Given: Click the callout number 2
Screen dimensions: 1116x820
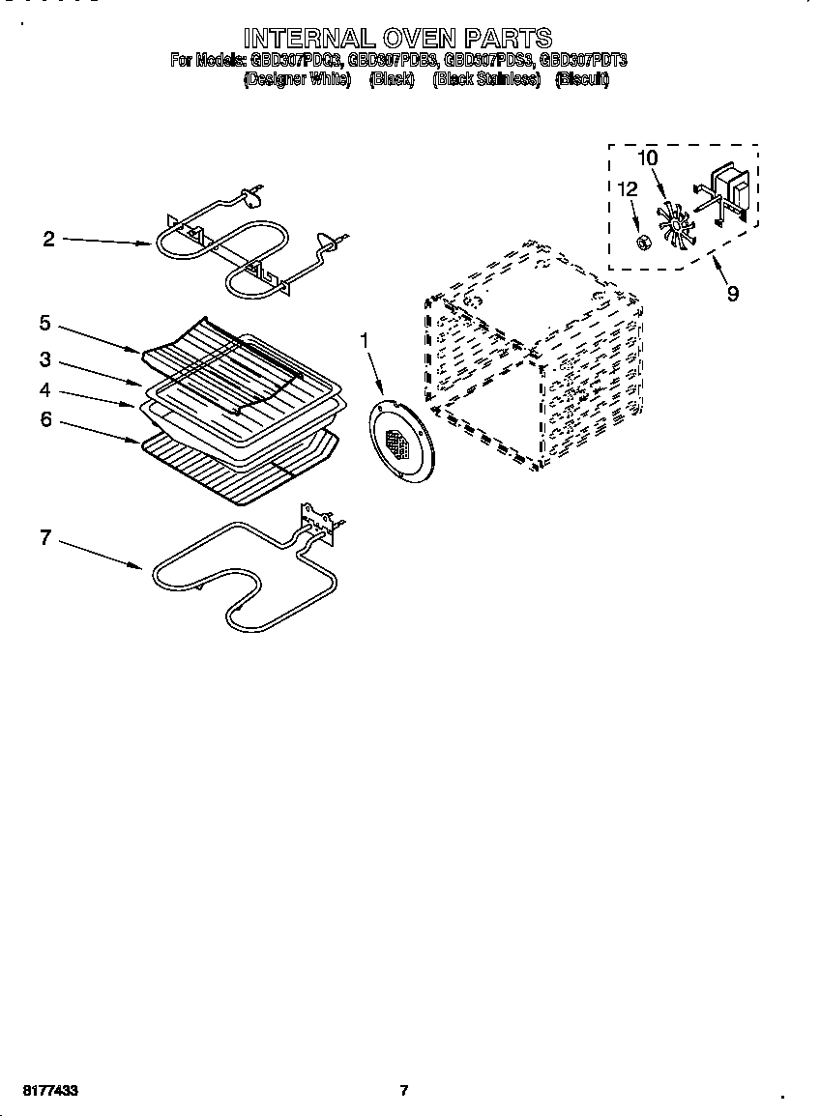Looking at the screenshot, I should pyautogui.click(x=48, y=240).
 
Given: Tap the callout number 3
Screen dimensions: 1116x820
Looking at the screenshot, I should pyautogui.click(x=44, y=359).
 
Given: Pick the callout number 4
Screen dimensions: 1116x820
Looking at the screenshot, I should pyautogui.click(x=44, y=390).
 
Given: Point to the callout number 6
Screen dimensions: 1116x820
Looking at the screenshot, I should pyautogui.click(x=44, y=421).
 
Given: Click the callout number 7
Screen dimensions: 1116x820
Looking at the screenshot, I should pyautogui.click(x=44, y=538).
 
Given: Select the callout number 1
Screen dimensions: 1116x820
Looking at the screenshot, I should pyautogui.click(x=365, y=339).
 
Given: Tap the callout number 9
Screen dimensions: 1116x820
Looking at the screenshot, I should pyautogui.click(x=732, y=293).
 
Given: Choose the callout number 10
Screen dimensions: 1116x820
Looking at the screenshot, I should pyautogui.click(x=647, y=157).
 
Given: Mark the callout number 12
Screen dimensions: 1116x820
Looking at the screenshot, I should pyautogui.click(x=628, y=189).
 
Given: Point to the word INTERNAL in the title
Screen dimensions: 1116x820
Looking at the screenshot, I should pyautogui.click(x=295, y=38).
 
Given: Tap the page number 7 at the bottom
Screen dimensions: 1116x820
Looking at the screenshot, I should pyautogui.click(x=404, y=1090).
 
